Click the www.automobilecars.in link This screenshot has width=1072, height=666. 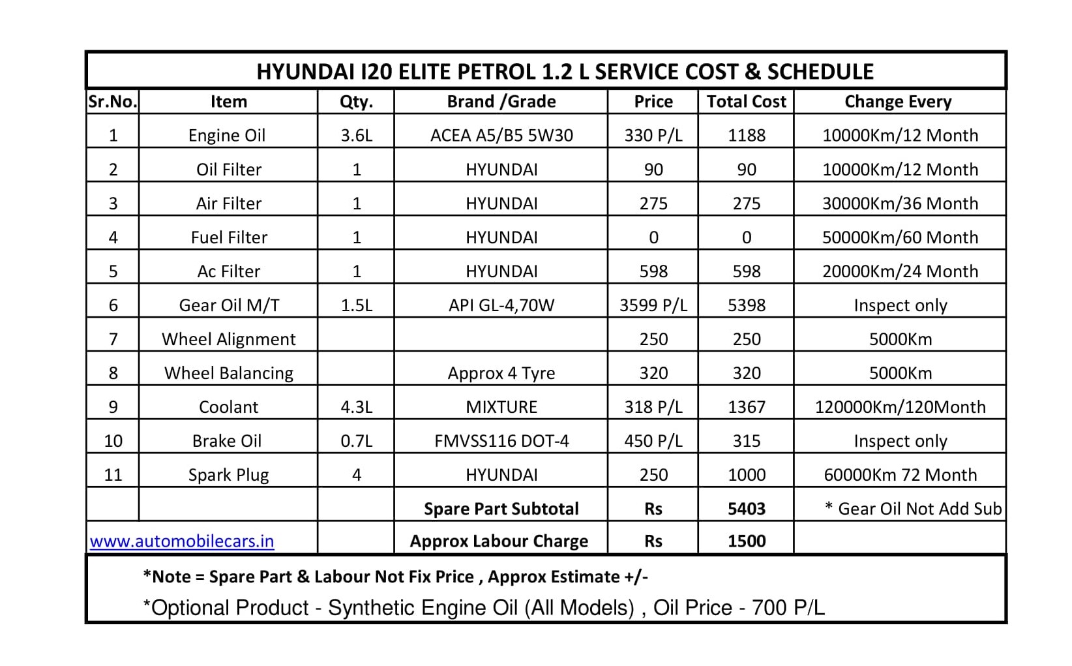182,541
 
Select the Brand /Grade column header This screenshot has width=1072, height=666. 501,102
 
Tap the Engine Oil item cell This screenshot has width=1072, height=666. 227,136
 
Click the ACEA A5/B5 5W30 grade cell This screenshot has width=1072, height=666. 501,136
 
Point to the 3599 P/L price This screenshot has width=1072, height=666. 653,305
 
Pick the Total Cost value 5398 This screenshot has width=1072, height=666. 746,305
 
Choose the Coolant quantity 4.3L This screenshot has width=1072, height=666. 356,407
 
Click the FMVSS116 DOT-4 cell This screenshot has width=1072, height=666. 501,441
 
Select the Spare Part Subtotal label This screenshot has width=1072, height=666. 501,509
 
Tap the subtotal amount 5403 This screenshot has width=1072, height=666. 746,509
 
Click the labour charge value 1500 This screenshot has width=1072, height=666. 746,541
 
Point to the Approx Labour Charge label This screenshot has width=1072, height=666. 499,541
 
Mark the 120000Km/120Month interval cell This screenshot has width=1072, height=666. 900,407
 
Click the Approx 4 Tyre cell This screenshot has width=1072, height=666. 501,373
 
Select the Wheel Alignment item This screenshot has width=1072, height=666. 228,339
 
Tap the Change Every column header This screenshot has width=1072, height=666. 898,102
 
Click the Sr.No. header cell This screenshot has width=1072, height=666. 113,102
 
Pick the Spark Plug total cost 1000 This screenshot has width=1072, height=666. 746,475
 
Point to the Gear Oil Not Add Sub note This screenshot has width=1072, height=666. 913,509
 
